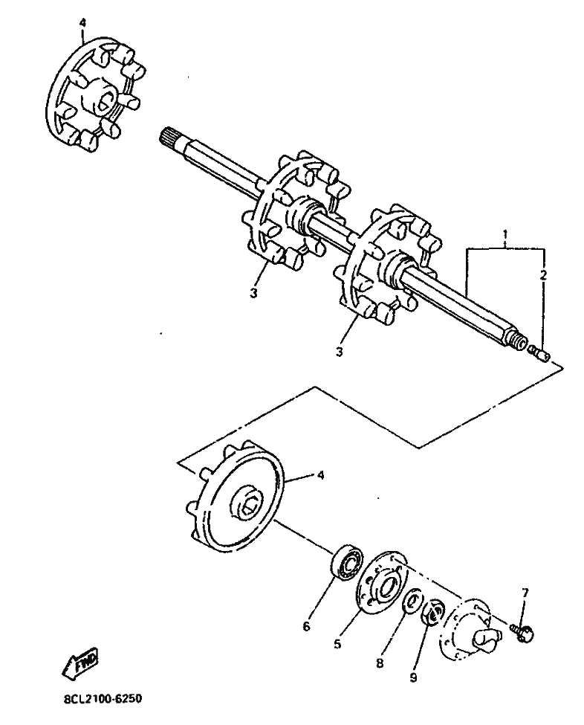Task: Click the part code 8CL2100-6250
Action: click(103, 698)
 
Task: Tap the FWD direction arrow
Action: click(81, 662)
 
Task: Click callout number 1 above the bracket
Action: click(505, 234)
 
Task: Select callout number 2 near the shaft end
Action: click(543, 274)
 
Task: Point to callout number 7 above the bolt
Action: click(525, 593)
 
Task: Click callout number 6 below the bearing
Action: click(306, 627)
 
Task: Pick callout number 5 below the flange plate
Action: click(338, 643)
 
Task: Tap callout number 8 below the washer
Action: click(380, 663)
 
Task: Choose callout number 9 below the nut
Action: click(413, 677)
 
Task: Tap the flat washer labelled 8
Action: click(412, 601)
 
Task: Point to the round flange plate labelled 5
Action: click(382, 582)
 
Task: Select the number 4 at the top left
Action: click(82, 22)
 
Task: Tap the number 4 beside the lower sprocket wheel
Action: click(321, 475)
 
